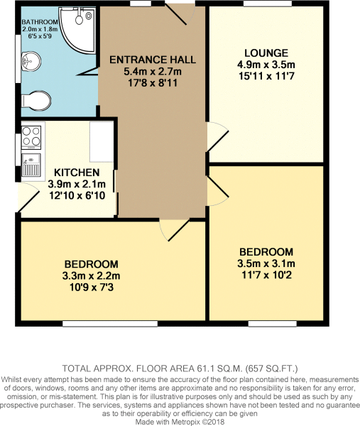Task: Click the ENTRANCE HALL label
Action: (153, 59)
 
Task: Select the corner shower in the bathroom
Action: (79, 28)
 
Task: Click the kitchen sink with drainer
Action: (33, 165)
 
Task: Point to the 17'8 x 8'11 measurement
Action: (153, 83)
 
